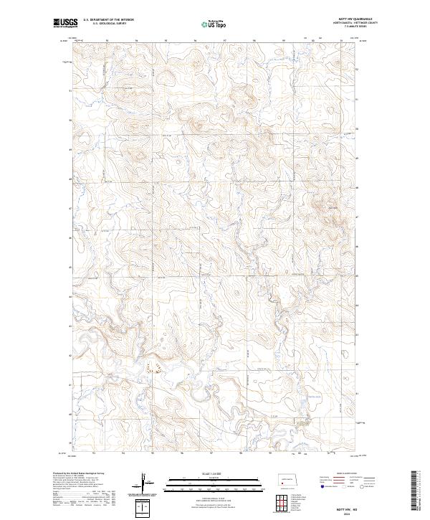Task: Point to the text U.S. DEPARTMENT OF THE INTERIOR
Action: tap(108, 20)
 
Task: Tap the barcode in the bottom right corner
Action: tap(416, 495)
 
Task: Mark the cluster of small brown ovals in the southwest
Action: tap(153, 368)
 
